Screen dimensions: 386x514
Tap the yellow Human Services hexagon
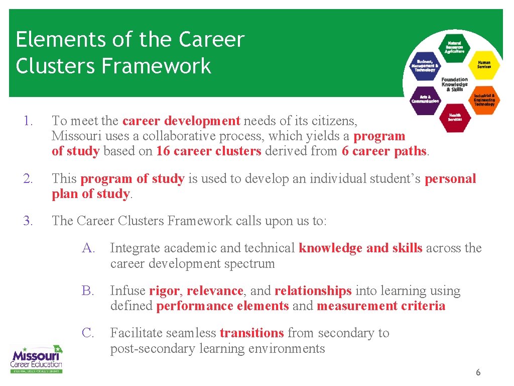pyautogui.click(x=484, y=65)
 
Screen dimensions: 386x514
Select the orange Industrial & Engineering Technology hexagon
pyautogui.click(x=484, y=100)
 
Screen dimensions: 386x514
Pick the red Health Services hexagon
pyautogui.click(x=455, y=117)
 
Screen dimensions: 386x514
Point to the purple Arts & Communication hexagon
pyautogui.click(x=425, y=99)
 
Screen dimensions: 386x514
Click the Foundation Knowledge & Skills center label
pyautogui.click(x=454, y=84)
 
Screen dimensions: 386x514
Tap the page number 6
pyautogui.click(x=478, y=372)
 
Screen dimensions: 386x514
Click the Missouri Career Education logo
pyautogui.click(x=37, y=358)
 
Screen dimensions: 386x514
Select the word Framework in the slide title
pyautogui.click(x=156, y=66)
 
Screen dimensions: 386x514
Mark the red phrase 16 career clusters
pyautogui.click(x=208, y=151)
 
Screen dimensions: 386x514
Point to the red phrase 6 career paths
pyautogui.click(x=384, y=151)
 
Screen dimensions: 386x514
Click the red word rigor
pyautogui.click(x=164, y=291)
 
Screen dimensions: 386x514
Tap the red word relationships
pyautogui.click(x=313, y=291)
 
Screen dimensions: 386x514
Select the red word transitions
pyautogui.click(x=251, y=333)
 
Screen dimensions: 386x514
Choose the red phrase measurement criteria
pyautogui.click(x=381, y=306)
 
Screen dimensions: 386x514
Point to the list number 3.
pyautogui.click(x=27, y=221)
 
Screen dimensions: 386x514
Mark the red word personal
pyautogui.click(x=450, y=179)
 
